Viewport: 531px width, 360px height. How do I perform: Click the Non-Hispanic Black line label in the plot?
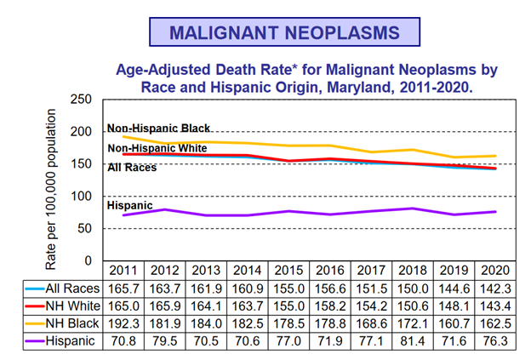click(158, 129)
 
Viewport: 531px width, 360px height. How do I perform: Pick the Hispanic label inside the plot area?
click(129, 205)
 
